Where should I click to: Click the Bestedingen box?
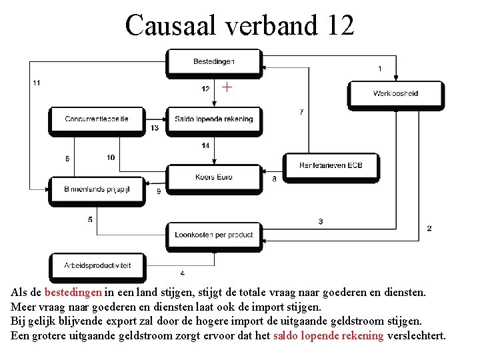tap(213, 62)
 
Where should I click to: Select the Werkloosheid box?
tap(395, 93)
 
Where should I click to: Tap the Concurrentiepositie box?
tap(97, 119)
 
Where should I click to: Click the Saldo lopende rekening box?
tap(213, 119)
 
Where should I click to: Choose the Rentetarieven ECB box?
tap(331, 165)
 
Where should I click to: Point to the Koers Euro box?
tap(213, 177)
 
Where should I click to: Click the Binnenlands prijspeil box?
tap(97, 189)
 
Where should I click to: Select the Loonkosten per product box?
tap(213, 235)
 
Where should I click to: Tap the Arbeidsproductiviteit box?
tap(97, 265)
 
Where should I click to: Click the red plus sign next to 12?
tap(227, 87)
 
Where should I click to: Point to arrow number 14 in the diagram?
tap(214, 153)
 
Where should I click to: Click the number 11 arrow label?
tap(36, 83)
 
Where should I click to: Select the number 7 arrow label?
tap(301, 112)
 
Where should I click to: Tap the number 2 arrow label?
tap(429, 228)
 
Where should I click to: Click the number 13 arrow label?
tap(155, 128)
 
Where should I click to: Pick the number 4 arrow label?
tap(183, 273)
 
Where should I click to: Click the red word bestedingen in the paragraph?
tap(73, 292)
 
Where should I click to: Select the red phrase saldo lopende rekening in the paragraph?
tap(328, 335)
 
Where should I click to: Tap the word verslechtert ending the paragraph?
tap(416, 335)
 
